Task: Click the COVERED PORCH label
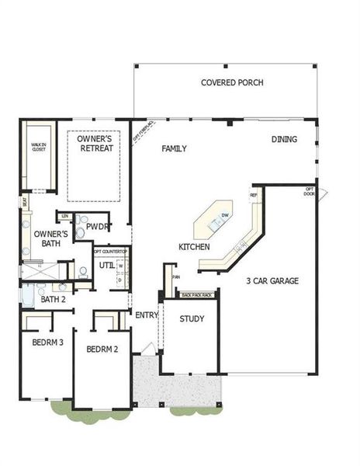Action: pyautogui.click(x=232, y=83)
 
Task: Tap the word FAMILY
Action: pyautogui.click(x=174, y=148)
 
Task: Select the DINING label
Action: pyautogui.click(x=283, y=140)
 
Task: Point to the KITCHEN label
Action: pyautogui.click(x=194, y=246)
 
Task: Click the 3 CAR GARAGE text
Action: pyautogui.click(x=272, y=280)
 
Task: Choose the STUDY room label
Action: pyautogui.click(x=192, y=319)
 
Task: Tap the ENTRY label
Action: pyautogui.click(x=146, y=315)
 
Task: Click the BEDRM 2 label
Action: pyautogui.click(x=102, y=349)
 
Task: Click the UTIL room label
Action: pyautogui.click(x=106, y=266)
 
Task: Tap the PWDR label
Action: pyautogui.click(x=98, y=227)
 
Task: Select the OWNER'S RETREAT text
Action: pyautogui.click(x=95, y=144)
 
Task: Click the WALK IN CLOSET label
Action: pyautogui.click(x=38, y=147)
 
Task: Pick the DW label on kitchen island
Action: pyautogui.click(x=224, y=215)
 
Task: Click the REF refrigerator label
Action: pyautogui.click(x=253, y=195)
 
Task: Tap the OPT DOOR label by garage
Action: pyautogui.click(x=309, y=191)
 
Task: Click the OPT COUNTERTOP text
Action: pyautogui.click(x=109, y=252)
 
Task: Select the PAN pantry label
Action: pyautogui.click(x=175, y=276)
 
